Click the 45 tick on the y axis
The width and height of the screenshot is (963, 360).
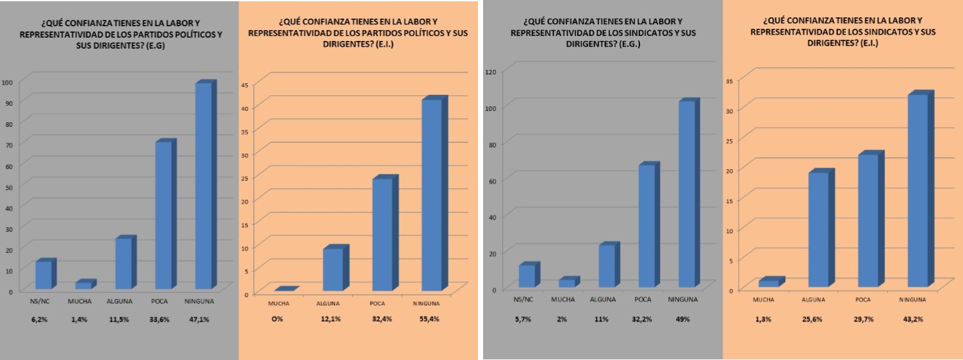245,84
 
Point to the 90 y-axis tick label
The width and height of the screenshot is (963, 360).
7,102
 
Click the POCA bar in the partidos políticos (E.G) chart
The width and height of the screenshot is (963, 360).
163,215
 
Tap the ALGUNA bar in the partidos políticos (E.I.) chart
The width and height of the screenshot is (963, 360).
332,270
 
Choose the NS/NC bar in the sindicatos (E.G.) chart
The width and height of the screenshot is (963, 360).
527,275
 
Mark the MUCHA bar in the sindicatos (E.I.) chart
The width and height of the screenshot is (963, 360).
768,283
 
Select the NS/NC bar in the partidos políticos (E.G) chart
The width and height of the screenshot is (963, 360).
44,275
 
